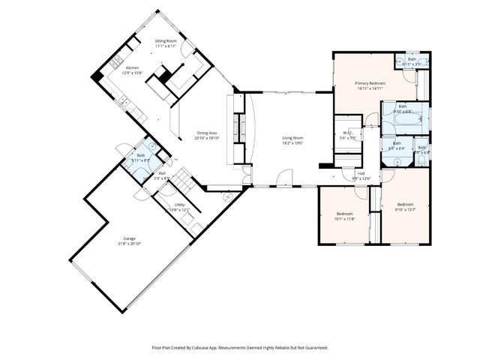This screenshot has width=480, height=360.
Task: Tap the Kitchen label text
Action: coord(132,68)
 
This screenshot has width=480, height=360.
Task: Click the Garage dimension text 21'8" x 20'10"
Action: coord(130,244)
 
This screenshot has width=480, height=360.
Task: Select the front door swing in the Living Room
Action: coord(283,178)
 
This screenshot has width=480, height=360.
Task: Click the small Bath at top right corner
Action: coord(412,61)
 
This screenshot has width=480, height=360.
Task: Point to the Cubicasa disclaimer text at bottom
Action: coord(240,348)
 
